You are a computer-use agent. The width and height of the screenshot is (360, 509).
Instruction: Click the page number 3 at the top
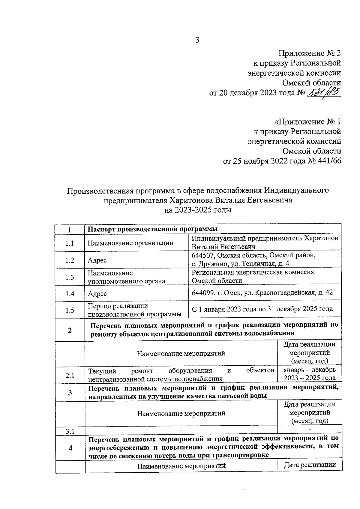(x=197, y=40)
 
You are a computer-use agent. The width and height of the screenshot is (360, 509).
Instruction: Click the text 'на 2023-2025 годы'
(x=198, y=210)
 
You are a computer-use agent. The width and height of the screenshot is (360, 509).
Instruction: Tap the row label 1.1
(x=70, y=243)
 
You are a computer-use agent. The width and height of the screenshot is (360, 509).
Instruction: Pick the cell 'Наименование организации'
(x=130, y=243)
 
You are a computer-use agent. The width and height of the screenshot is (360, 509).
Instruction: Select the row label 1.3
(x=70, y=277)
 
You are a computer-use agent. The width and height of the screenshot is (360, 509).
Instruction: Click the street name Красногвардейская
(x=284, y=292)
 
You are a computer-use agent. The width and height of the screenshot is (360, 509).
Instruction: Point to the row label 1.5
(x=70, y=310)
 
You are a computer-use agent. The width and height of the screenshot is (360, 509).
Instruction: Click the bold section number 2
(x=70, y=330)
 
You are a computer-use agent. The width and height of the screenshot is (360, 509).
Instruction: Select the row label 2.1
(x=70, y=375)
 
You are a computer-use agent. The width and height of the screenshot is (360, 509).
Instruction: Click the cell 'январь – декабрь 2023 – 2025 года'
(x=310, y=374)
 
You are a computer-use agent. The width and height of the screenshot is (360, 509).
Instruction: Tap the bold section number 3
(x=70, y=392)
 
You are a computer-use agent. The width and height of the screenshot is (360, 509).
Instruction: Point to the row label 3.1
(x=70, y=432)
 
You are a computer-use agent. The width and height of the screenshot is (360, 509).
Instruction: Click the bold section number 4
(x=70, y=448)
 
